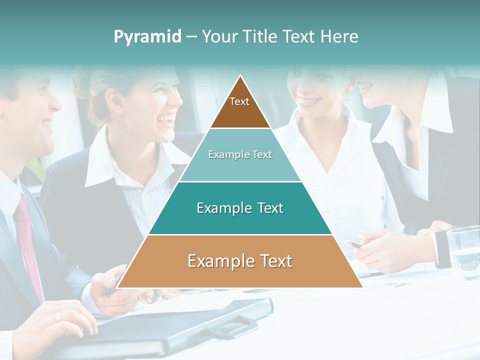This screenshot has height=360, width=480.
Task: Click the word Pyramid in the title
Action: tap(147, 37)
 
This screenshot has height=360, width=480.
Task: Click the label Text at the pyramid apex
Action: tap(239, 101)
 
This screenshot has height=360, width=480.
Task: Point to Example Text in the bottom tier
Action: tap(240, 261)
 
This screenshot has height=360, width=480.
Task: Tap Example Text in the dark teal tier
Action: tap(240, 208)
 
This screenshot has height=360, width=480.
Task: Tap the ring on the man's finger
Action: tap(57, 316)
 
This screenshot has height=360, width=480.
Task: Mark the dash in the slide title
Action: tap(191, 37)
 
